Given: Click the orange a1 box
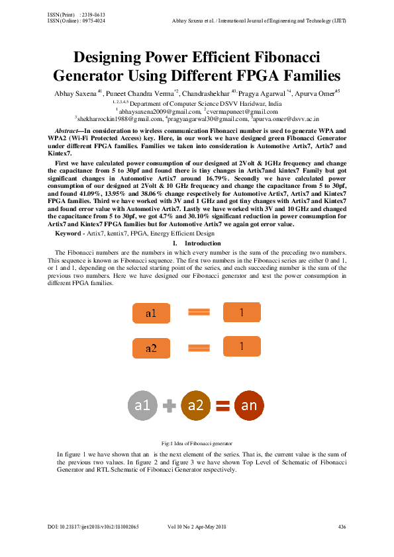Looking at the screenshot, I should [151, 314].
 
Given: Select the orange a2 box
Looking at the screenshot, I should [151, 348].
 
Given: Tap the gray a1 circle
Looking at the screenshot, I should [142, 406].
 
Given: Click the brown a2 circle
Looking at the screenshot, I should [195, 406].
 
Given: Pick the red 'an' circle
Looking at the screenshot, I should [248, 406].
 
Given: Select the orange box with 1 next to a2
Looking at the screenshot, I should [242, 347].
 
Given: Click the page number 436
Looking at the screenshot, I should [342, 527].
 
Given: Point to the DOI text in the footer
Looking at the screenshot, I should [93, 527].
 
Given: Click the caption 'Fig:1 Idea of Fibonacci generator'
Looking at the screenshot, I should [196, 443].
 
